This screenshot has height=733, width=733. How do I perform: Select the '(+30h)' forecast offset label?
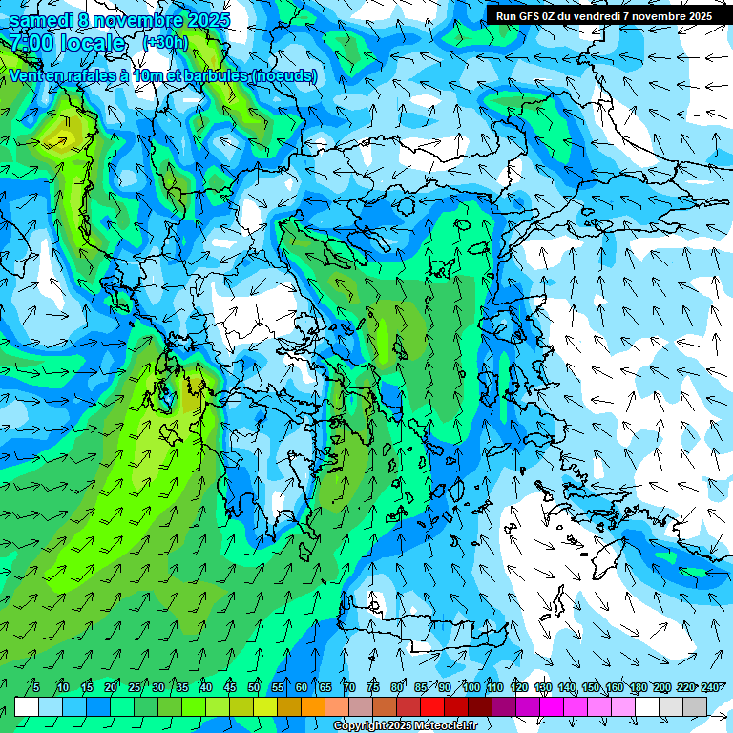[165, 42]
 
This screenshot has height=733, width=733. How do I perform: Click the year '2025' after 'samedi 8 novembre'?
[202, 19]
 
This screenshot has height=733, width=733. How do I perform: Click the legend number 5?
[36, 687]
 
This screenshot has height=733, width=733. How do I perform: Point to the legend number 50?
[254, 687]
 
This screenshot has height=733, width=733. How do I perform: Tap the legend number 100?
[471, 687]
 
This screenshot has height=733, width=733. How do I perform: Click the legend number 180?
[638, 687]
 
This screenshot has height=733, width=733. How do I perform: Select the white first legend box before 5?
[27, 706]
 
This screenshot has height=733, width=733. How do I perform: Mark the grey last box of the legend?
[695, 706]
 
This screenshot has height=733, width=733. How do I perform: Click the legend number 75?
[373, 687]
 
